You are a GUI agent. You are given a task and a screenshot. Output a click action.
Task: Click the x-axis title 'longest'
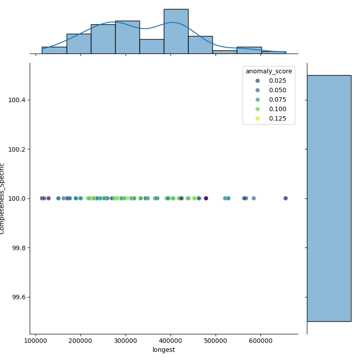(163, 350)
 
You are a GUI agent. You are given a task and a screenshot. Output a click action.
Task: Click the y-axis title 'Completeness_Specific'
(3, 198)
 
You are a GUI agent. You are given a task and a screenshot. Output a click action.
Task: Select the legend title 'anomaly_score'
(269, 71)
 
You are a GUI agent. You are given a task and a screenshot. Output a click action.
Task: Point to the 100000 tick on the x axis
(36, 341)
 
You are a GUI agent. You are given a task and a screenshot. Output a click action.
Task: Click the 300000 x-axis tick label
(126, 341)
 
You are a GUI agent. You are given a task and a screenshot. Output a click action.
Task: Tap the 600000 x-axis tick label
(261, 341)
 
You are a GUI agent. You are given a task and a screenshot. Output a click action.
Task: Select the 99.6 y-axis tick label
(18, 297)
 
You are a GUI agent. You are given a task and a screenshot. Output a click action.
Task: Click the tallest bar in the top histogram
(176, 31)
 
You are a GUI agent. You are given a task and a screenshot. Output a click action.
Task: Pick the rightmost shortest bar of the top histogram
(274, 53)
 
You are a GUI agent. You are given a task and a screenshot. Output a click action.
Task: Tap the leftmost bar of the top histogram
(54, 50)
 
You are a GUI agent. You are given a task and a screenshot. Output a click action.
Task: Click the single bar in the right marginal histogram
(329, 198)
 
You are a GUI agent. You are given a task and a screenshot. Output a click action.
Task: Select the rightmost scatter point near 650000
(285, 198)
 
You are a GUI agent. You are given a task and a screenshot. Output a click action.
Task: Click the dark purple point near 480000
(206, 198)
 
